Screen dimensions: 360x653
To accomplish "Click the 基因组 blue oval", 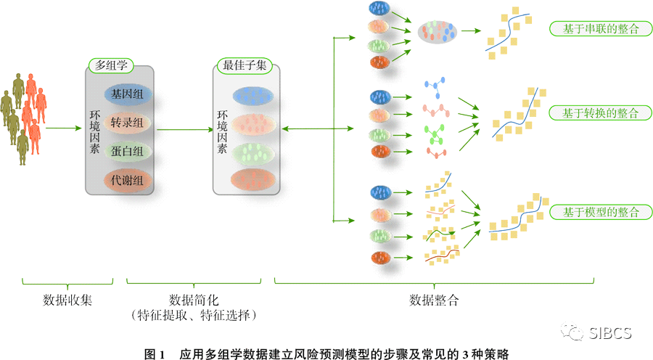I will pos(127,94).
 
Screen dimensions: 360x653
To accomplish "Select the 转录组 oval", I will pos(127,123).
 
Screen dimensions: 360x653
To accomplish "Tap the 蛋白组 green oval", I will pos(127,151).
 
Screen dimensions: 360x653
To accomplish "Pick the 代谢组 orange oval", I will pos(127,179).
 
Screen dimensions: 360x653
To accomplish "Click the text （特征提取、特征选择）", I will pos(194,315).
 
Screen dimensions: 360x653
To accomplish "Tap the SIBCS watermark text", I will pos(609,333).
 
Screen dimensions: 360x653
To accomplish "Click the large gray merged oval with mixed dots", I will pos(438,31).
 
